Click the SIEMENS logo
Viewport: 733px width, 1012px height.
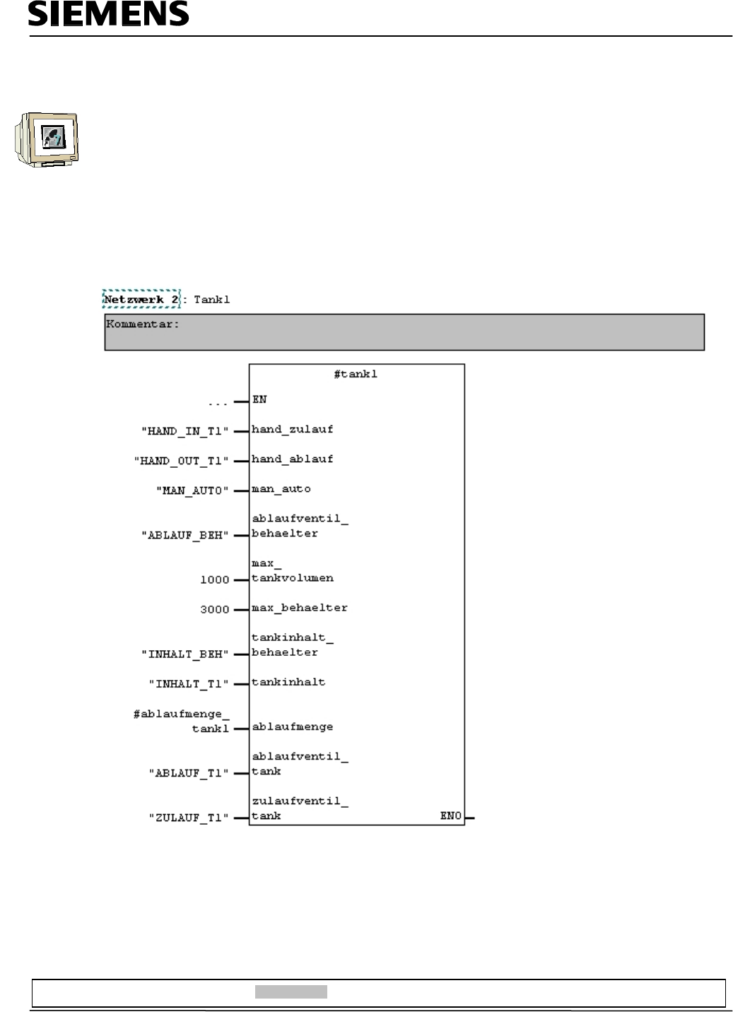tap(109, 13)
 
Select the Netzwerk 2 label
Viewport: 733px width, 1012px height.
tap(141, 300)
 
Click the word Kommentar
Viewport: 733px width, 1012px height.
tap(142, 324)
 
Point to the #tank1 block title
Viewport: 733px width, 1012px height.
tap(356, 374)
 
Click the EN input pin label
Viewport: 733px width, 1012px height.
tap(259, 400)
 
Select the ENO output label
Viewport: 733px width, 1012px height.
tap(450, 816)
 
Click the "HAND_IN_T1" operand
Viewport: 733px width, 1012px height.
tap(185, 431)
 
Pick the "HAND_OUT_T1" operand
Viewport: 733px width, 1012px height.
tap(182, 461)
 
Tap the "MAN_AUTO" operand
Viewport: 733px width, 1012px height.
tap(192, 490)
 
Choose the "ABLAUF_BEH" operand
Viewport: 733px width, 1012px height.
tap(185, 536)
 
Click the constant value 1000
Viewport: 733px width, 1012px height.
tap(214, 579)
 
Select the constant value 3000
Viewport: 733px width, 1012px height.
tap(214, 609)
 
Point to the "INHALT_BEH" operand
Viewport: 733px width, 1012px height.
tap(185, 654)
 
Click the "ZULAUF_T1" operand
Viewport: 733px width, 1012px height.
tap(189, 818)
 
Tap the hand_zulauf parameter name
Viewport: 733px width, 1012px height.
tap(292, 430)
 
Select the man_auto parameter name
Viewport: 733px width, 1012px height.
tap(281, 489)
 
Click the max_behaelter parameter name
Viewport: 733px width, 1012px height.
tap(300, 608)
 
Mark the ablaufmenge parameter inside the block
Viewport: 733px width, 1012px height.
tap(292, 726)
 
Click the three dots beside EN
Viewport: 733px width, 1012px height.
tap(218, 403)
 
